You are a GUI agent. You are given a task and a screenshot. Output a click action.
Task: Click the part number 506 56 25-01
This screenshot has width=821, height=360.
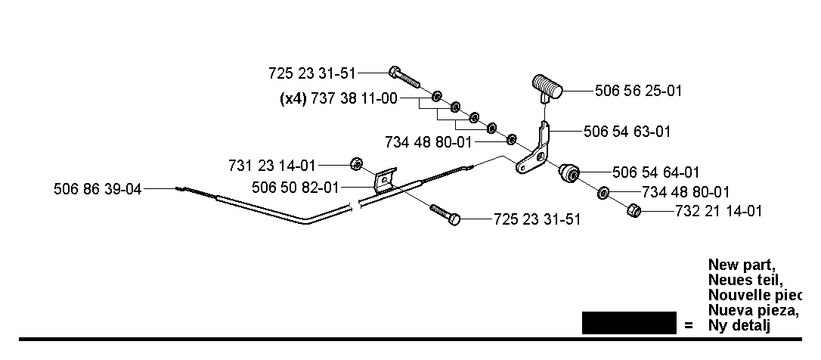pyautogui.click(x=638, y=91)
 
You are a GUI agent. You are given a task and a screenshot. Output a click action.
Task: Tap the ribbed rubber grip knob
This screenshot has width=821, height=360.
pyautogui.click(x=547, y=87)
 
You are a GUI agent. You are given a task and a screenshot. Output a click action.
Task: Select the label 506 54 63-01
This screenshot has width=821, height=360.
pyautogui.click(x=627, y=131)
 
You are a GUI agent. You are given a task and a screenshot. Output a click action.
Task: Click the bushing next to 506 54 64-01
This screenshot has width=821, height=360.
pyautogui.click(x=569, y=172)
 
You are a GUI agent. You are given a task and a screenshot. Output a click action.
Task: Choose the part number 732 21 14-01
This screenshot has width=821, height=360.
pyautogui.click(x=719, y=211)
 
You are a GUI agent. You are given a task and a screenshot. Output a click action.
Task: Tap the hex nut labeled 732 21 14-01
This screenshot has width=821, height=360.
pyautogui.click(x=634, y=211)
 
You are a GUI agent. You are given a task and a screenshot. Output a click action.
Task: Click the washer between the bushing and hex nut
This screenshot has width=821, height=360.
pyautogui.click(x=603, y=193)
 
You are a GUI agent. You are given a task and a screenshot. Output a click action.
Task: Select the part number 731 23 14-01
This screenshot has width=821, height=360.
pyautogui.click(x=272, y=166)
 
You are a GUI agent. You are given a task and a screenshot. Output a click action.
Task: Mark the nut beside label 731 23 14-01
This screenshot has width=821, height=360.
pyautogui.click(x=356, y=164)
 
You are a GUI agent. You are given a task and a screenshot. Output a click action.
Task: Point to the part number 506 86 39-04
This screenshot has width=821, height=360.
pyautogui.click(x=98, y=189)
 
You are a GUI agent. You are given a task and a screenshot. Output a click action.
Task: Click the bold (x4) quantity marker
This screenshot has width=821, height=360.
pyautogui.click(x=293, y=98)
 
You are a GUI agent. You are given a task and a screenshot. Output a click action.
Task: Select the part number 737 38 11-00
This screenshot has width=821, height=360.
pyautogui.click(x=355, y=98)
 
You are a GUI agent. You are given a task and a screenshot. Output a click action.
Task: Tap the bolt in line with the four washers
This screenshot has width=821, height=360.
pyautogui.click(x=404, y=77)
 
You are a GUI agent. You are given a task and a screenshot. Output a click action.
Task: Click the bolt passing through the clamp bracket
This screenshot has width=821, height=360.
pyautogui.click(x=445, y=214)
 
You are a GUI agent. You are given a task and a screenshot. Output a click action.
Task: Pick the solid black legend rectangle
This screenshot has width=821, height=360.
pyautogui.click(x=629, y=323)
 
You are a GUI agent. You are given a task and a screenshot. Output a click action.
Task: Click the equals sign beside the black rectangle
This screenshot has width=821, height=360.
pyautogui.click(x=688, y=326)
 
